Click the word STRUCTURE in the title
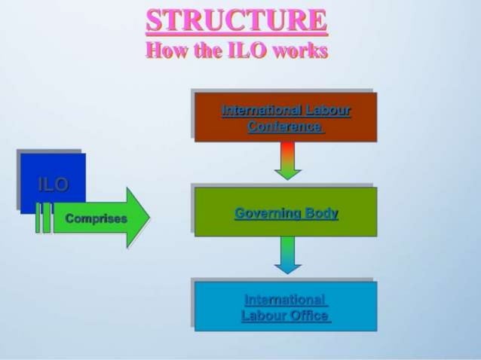pyautogui.click(x=237, y=20)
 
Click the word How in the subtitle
pyautogui.click(x=164, y=51)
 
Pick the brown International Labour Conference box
pyautogui.click(x=286, y=117)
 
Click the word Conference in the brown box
pyautogui.click(x=285, y=127)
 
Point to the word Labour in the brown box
pyautogui.click(x=326, y=111)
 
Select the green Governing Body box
pyautogui.click(x=286, y=212)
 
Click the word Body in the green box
pyautogui.click(x=321, y=213)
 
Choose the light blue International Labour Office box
pyautogui.click(x=286, y=307)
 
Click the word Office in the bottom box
pyautogui.click(x=308, y=316)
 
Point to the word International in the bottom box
pyautogui.click(x=285, y=300)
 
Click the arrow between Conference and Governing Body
pyautogui.click(x=287, y=160)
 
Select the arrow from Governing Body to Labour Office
pyautogui.click(x=287, y=255)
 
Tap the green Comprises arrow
pyautogui.click(x=101, y=218)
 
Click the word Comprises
pyautogui.click(x=97, y=219)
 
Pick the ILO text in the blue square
pyautogui.click(x=53, y=184)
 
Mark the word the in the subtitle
pyautogui.click(x=201, y=51)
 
